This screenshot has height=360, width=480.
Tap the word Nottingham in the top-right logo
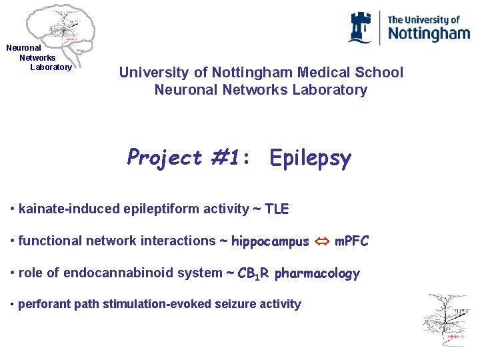point(429,33)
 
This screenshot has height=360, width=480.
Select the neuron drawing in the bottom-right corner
point(447,320)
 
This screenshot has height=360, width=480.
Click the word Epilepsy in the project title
point(310,158)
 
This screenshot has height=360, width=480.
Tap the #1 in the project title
point(229,158)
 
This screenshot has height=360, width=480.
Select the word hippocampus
point(270,241)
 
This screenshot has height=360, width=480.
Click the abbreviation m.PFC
point(351,241)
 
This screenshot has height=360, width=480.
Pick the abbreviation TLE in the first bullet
point(277,209)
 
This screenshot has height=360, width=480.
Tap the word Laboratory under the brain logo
point(51,67)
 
